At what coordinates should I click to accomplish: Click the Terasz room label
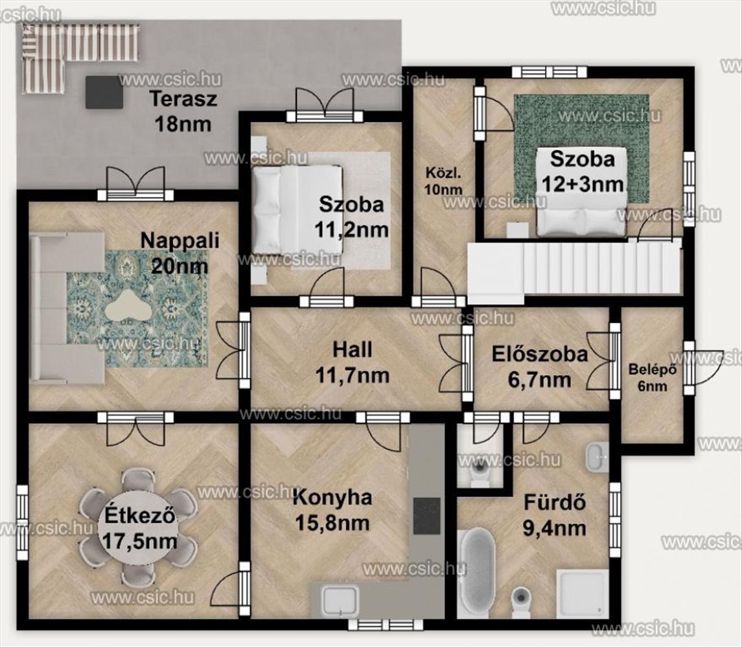183,99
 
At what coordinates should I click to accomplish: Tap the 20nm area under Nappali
180,266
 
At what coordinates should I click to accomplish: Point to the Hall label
352,350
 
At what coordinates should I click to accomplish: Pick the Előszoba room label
539,354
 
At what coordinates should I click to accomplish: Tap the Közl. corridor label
443,173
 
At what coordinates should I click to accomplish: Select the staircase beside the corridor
574,270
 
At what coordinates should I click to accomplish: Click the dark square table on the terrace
104,92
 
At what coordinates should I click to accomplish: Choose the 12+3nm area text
583,183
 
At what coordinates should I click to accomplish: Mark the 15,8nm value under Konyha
332,523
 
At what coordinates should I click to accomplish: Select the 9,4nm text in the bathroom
554,528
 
